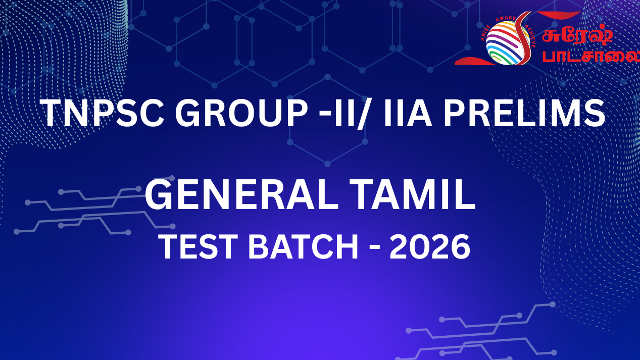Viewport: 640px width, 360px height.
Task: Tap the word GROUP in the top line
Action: [241, 113]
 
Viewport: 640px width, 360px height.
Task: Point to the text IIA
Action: [408, 113]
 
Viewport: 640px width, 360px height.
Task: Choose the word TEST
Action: [201, 246]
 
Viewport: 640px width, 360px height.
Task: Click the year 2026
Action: [430, 246]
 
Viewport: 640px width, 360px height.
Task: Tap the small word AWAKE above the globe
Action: [506, 19]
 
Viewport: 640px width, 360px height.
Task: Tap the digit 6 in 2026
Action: [460, 246]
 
